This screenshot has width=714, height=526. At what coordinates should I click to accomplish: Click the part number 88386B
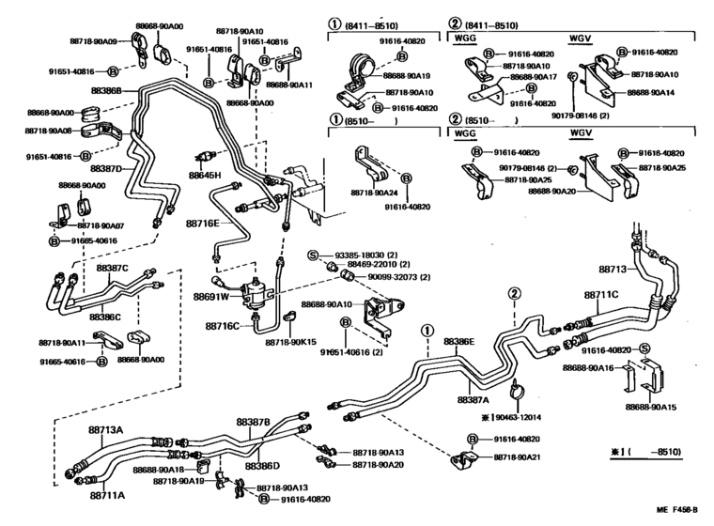coord(105,90)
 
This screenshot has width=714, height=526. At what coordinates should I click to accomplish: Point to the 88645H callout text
coord(205,176)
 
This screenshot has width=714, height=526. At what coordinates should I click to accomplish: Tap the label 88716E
coord(202,224)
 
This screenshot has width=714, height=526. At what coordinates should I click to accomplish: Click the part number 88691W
coord(211,296)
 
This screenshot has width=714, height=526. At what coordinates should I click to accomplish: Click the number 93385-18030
coord(365,255)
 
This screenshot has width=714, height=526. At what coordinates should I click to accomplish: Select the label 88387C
coord(112,268)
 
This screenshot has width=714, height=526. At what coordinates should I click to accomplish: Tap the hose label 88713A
coord(106,429)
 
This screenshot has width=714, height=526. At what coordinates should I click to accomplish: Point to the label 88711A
coord(108,494)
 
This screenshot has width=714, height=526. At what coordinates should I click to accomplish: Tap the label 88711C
coord(601,295)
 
